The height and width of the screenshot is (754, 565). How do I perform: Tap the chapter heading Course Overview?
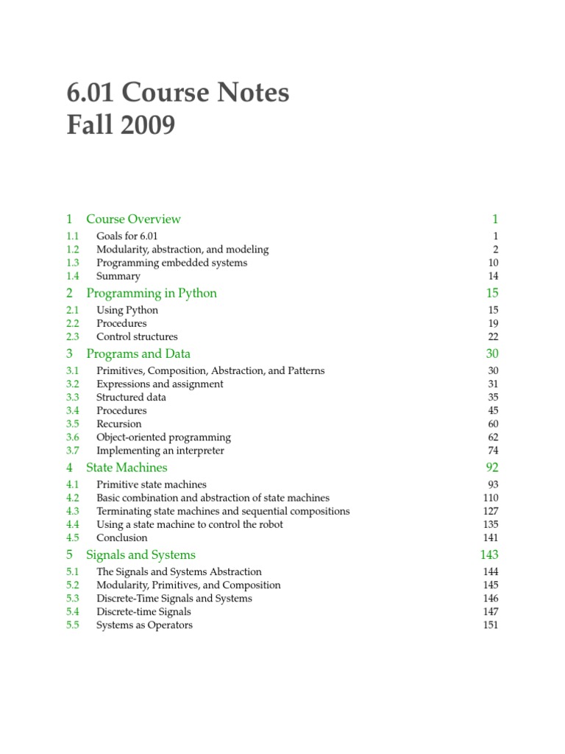pos(133,219)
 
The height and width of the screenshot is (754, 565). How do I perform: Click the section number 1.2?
pos(72,250)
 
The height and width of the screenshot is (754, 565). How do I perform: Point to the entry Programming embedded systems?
pos(171,263)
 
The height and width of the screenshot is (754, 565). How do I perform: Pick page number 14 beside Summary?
pos(492,276)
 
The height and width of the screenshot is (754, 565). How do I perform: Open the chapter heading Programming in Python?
pos(152,293)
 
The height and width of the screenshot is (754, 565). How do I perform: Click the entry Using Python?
pos(127,310)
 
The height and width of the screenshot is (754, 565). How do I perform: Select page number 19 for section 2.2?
pos(493,323)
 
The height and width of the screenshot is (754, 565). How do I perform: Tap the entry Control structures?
pos(137,337)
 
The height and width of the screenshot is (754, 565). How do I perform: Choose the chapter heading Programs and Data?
pos(138,353)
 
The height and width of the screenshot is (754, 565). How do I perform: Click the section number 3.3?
pos(72,397)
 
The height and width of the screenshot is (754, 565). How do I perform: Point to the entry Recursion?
pos(119,423)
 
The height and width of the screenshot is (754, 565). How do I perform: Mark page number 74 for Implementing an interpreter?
pos(492,450)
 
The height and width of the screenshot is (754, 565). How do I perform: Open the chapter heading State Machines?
pos(127,468)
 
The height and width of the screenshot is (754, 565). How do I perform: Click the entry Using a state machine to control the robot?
pos(190,524)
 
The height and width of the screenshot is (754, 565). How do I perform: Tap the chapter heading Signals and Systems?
pos(141,554)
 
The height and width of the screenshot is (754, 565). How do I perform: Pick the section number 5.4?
pos(72,611)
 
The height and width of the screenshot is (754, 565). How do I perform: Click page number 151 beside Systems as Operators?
pos(490,624)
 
